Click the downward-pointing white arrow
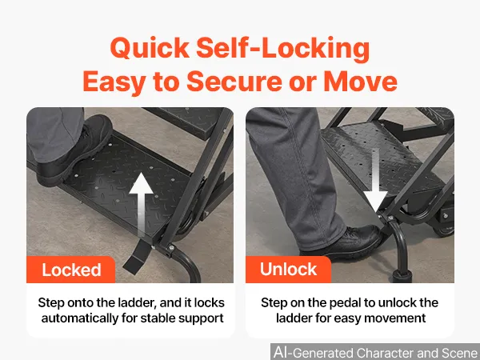(376, 181)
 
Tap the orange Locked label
(70, 270)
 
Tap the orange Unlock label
(288, 270)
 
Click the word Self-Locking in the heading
(283, 48)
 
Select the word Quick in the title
(150, 48)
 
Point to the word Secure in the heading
(234, 82)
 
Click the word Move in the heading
(360, 82)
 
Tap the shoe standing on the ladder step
(74, 150)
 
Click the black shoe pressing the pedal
(342, 242)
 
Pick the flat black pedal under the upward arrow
(138, 257)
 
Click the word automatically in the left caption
(79, 318)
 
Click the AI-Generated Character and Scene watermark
(375, 352)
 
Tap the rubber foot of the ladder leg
(402, 276)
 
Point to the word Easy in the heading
(114, 82)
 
